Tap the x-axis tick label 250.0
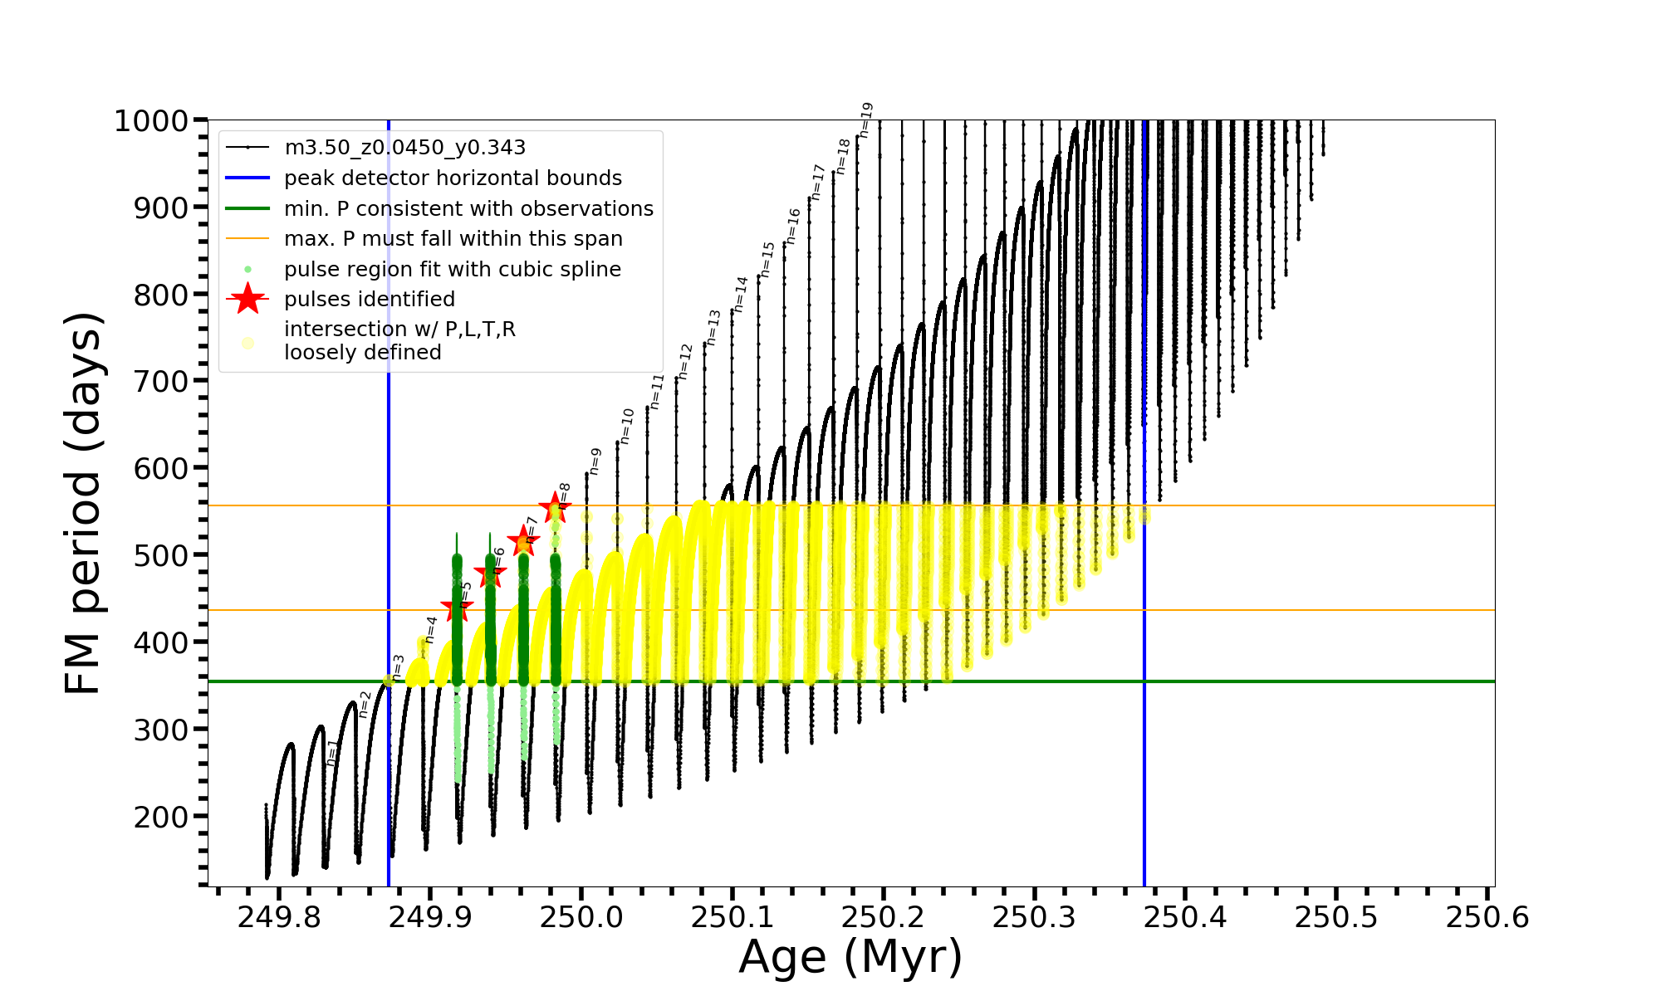[581, 917]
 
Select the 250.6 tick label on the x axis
[1487, 917]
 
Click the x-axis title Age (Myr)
[850, 957]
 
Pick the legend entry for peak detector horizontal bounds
[453, 178]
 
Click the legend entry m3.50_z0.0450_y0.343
[404, 148]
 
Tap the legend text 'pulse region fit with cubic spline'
[453, 270]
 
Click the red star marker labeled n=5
[457, 608]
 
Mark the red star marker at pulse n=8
[555, 507]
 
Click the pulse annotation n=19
[866, 120]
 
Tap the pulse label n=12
[685, 362]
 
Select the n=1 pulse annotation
[332, 752]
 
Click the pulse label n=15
[767, 260]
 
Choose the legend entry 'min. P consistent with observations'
[468, 209]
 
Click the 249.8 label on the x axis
[278, 917]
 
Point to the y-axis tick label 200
[161, 817]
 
